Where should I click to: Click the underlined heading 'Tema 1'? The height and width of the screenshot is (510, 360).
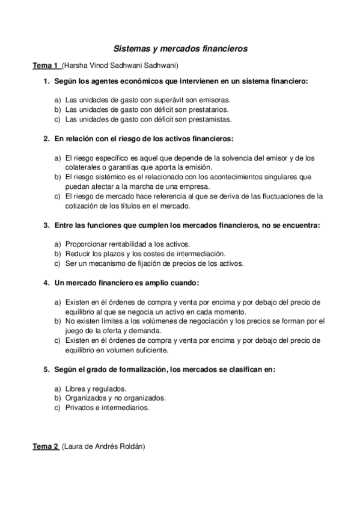point(45,65)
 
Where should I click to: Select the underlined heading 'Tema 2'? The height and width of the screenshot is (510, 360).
point(45,447)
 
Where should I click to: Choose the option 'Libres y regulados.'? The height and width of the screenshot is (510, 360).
point(95,389)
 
